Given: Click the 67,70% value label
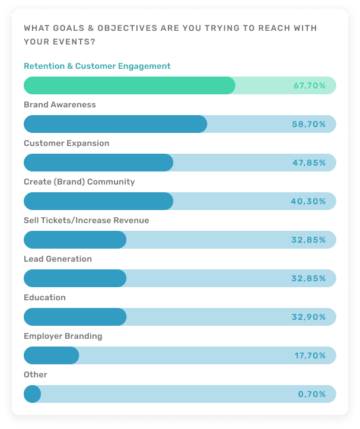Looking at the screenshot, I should [310, 86].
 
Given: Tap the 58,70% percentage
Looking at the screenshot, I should [310, 125].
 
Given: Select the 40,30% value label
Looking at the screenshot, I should [308, 202].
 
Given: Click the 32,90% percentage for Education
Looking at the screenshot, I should [308, 317].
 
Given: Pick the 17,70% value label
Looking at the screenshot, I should [310, 356].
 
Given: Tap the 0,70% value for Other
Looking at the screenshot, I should [312, 395].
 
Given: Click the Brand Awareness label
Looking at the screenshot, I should [59, 105].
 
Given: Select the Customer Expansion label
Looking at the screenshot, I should [66, 144].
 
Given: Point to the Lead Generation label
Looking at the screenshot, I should [58, 259].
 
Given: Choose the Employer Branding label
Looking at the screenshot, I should [63, 336].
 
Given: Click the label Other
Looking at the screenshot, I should [35, 375].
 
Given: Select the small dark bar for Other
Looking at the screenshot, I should [32, 394].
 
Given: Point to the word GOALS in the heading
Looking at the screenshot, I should [62, 28].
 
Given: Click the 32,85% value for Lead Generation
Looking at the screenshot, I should [308, 279].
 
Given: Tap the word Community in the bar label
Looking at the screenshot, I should [112, 182].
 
